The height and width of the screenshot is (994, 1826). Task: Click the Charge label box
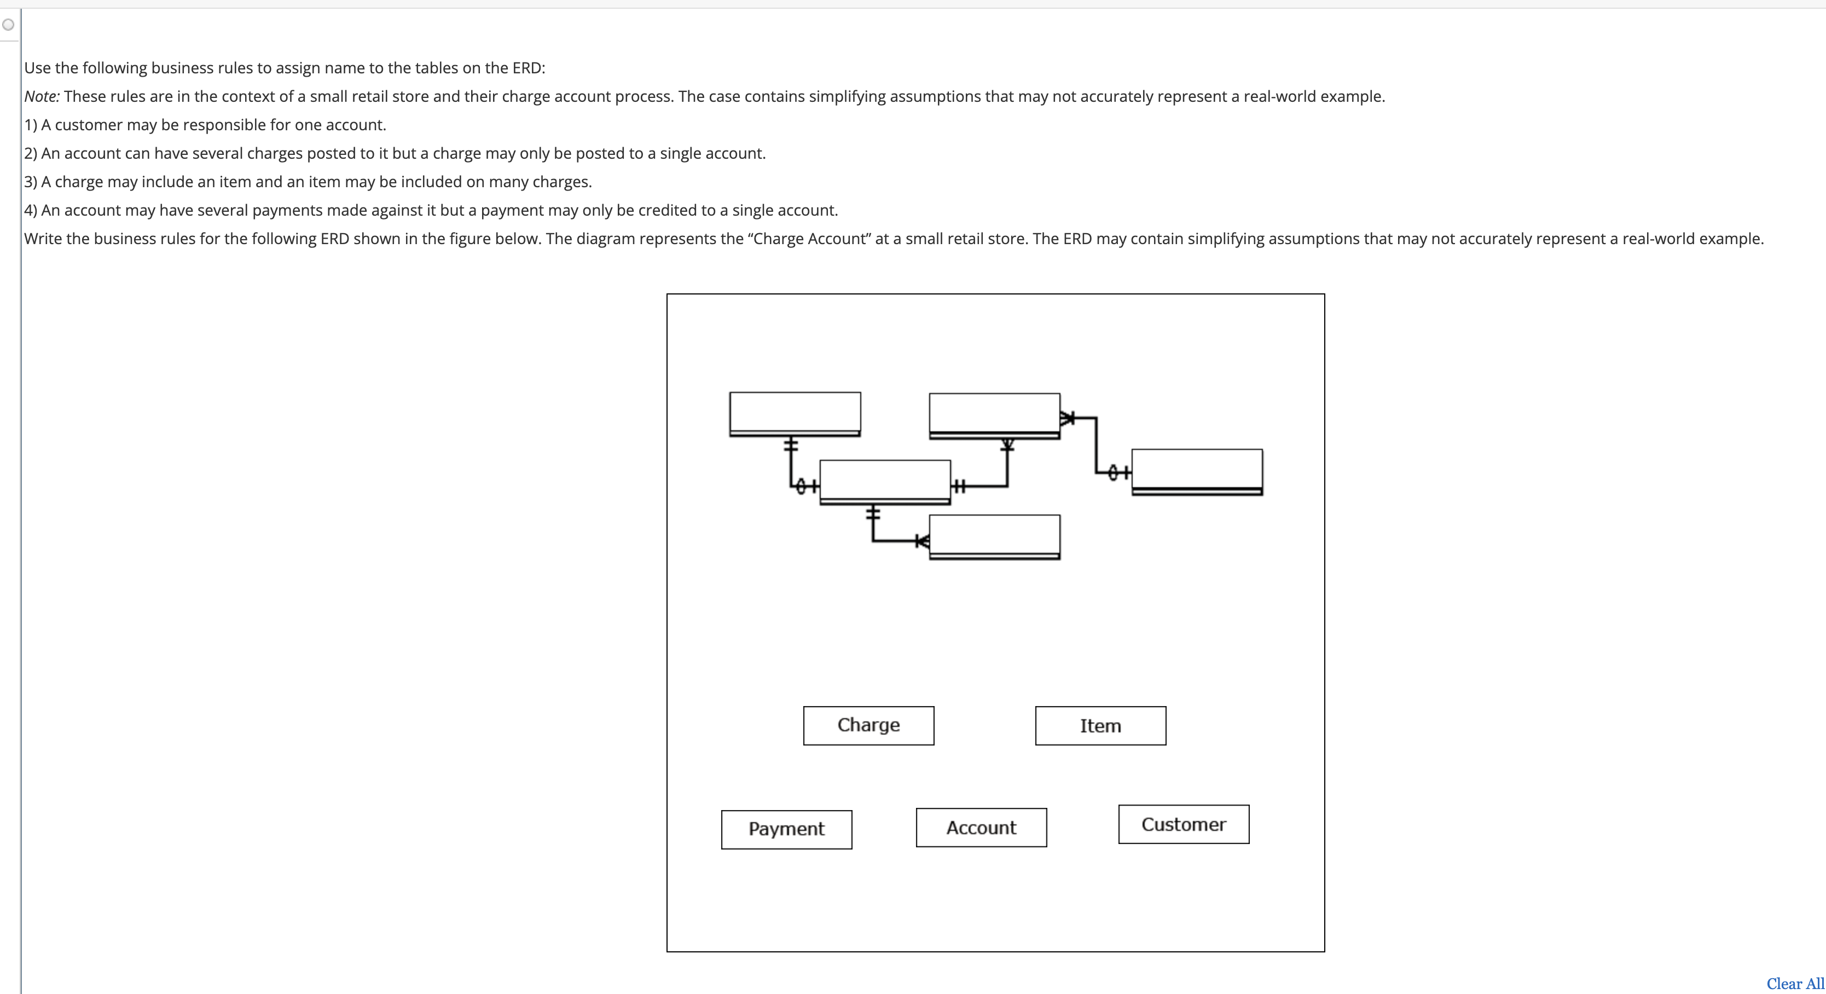pos(868,725)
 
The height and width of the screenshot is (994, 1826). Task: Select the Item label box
pos(1100,725)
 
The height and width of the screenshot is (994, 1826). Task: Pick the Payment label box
pos(786,829)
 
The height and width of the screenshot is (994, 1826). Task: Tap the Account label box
pos(981,828)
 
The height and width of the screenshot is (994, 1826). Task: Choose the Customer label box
pos(1183,824)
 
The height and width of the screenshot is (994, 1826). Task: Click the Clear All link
pos(1795,984)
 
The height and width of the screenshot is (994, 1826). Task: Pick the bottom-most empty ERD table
pos(994,536)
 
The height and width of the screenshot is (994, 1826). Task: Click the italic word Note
pos(41,96)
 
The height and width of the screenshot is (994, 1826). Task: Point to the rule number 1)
pos(31,125)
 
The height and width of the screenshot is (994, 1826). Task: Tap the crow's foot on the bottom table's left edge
pos(922,541)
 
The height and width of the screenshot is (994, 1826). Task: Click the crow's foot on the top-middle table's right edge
pos(1068,418)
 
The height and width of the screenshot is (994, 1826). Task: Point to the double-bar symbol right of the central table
pos(958,487)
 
